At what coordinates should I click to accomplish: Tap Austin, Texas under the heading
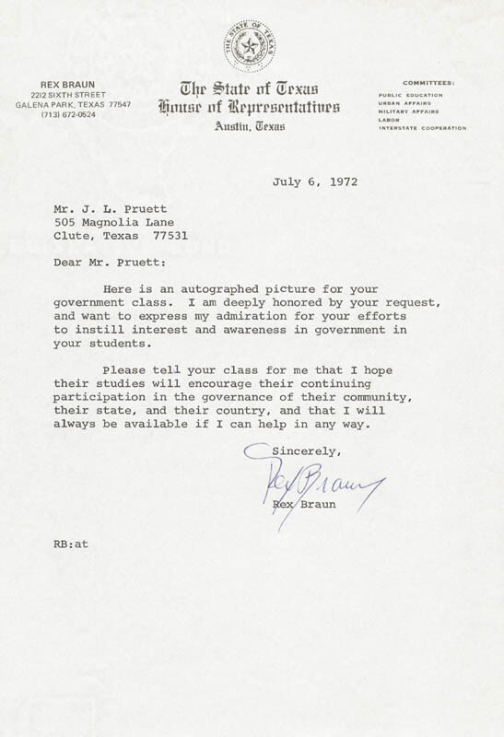(250, 126)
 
